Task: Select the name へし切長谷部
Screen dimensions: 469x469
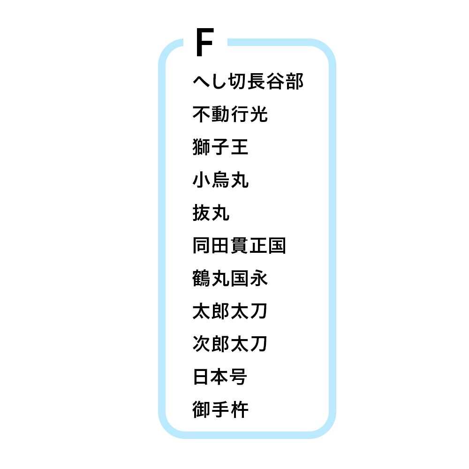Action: point(248,81)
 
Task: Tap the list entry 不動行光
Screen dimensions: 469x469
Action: point(230,114)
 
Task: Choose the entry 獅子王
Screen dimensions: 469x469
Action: point(220,147)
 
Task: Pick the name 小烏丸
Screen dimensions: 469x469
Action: point(220,180)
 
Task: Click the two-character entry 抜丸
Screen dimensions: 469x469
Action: point(211,212)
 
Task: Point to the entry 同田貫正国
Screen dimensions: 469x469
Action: point(239,245)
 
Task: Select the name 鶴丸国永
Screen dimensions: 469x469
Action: point(230,278)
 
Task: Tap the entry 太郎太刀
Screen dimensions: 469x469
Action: point(230,311)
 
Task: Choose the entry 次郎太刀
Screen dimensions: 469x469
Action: point(230,344)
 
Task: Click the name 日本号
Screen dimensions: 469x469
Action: point(220,377)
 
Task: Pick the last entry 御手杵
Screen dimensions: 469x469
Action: point(220,409)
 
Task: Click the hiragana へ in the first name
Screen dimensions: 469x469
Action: point(201,81)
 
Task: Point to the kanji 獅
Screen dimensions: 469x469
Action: point(202,147)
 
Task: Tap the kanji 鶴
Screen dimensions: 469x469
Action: point(202,278)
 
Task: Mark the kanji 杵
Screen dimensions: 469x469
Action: point(240,409)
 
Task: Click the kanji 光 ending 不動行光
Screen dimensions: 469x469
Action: point(259,114)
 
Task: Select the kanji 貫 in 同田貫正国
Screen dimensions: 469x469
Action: point(239,245)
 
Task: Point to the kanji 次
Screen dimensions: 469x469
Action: point(202,344)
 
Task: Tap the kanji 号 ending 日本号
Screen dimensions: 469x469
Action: point(238,377)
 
